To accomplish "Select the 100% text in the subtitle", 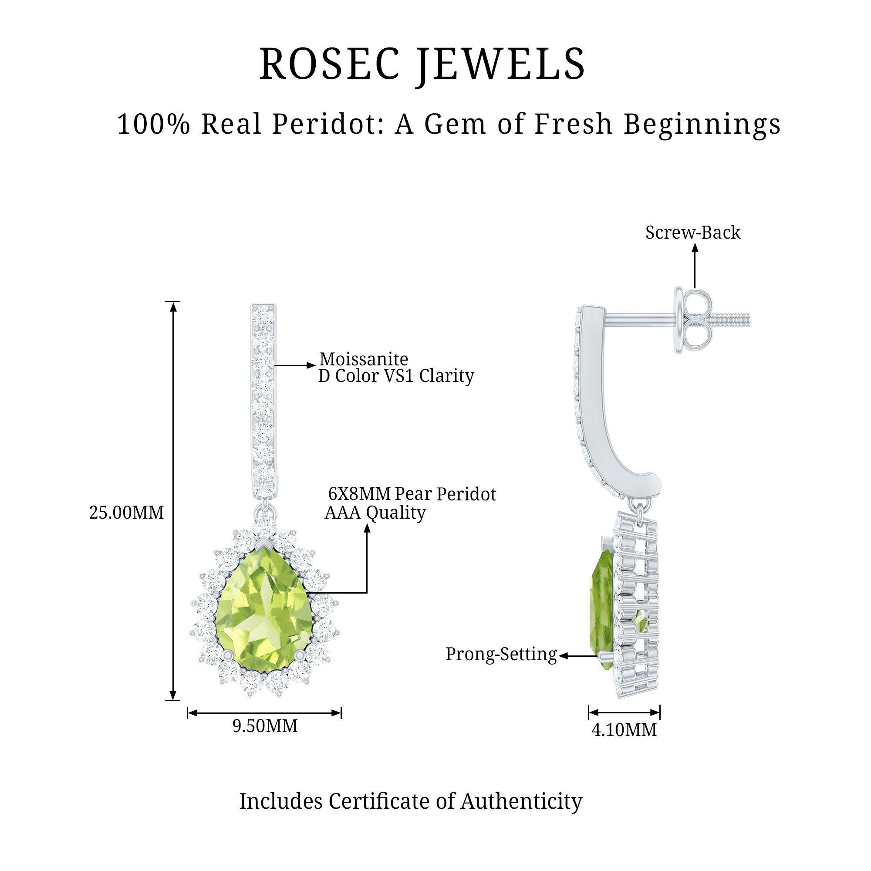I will point(153,124).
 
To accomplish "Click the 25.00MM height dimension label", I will point(126,513).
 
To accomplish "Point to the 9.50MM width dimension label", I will point(265,726).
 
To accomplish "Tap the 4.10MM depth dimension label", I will point(624,729).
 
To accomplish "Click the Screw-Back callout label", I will point(692,233).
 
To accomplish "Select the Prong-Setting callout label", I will point(501,654).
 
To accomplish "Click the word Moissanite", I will point(363,359).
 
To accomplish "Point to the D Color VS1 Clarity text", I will point(396,376).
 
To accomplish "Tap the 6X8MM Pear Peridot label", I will point(412,494).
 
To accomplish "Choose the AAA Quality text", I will point(375,513).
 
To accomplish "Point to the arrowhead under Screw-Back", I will point(695,247).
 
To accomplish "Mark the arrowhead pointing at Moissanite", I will point(311,365).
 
